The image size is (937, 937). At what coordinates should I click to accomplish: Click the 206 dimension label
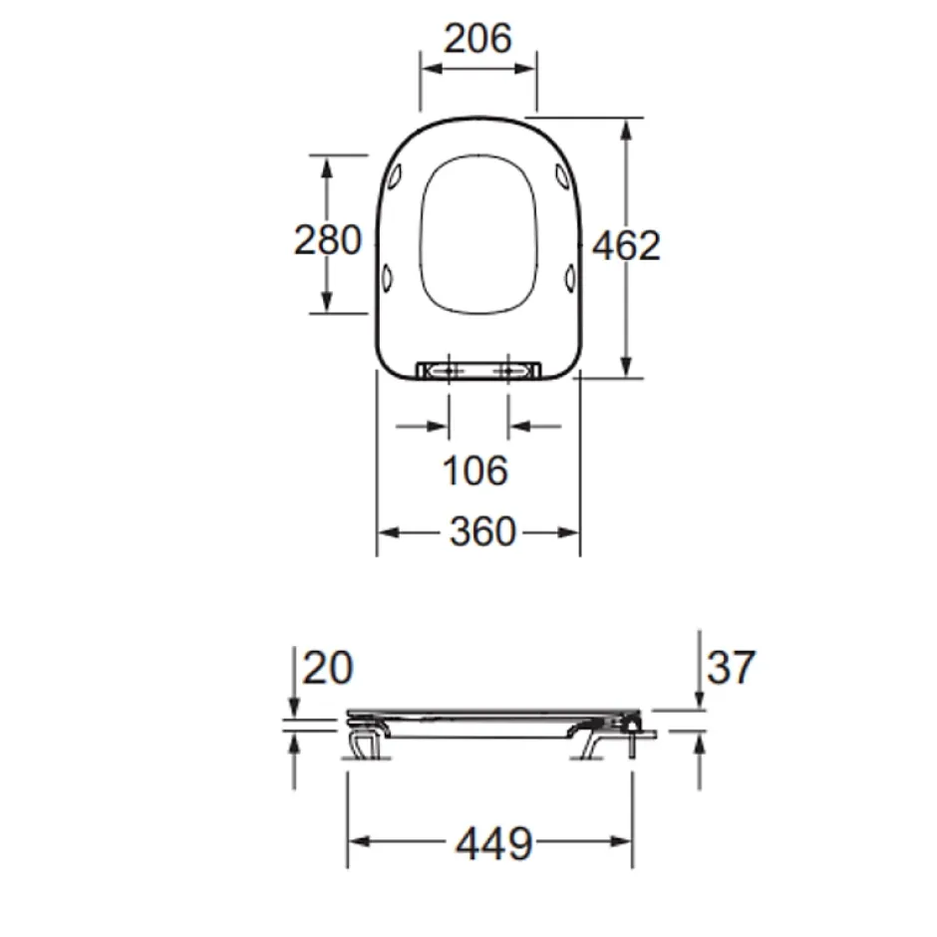point(478,38)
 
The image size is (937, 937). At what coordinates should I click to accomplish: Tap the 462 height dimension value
point(626,245)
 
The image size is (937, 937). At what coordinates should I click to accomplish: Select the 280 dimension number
point(328,240)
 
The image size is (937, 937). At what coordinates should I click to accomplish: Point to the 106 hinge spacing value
point(475,470)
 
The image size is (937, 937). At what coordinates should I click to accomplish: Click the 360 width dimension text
point(482,531)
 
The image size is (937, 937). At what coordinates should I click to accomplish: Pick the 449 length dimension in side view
point(493,843)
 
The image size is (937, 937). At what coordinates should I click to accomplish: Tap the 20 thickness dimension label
point(328,668)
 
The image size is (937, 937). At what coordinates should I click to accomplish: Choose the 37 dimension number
point(731,667)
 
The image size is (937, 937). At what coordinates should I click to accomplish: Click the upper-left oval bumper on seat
point(395,175)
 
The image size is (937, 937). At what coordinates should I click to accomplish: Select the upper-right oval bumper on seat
point(563,175)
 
